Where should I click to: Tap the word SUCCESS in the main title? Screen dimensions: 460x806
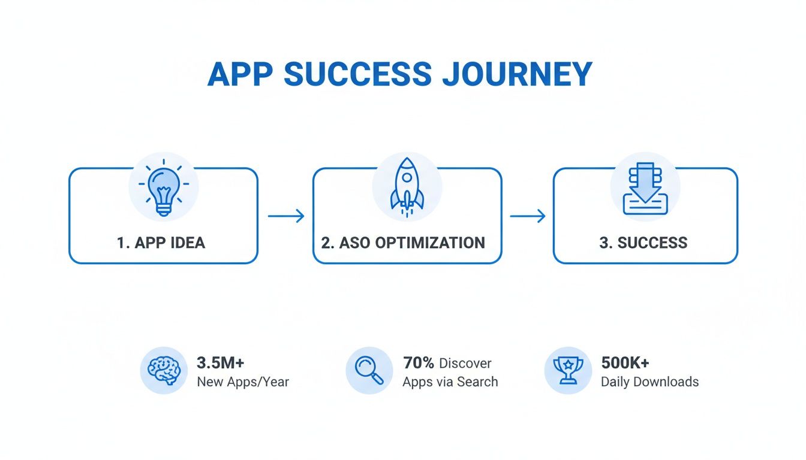click(x=357, y=74)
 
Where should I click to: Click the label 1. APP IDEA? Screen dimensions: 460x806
click(x=161, y=243)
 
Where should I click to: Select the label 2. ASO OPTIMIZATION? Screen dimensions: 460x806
click(x=403, y=243)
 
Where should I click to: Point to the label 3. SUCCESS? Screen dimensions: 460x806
click(x=643, y=243)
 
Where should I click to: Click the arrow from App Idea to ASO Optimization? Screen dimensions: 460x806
click(x=285, y=216)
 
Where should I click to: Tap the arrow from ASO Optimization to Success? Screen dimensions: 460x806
click(x=527, y=216)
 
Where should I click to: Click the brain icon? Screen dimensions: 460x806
click(x=164, y=371)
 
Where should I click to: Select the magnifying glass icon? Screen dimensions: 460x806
click(x=369, y=371)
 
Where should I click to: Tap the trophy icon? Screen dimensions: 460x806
click(x=567, y=371)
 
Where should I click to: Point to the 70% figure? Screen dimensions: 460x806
click(x=419, y=363)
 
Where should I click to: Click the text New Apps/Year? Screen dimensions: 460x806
click(x=243, y=382)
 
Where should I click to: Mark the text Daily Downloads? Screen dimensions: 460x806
click(x=649, y=382)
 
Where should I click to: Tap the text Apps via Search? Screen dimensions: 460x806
click(x=450, y=382)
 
